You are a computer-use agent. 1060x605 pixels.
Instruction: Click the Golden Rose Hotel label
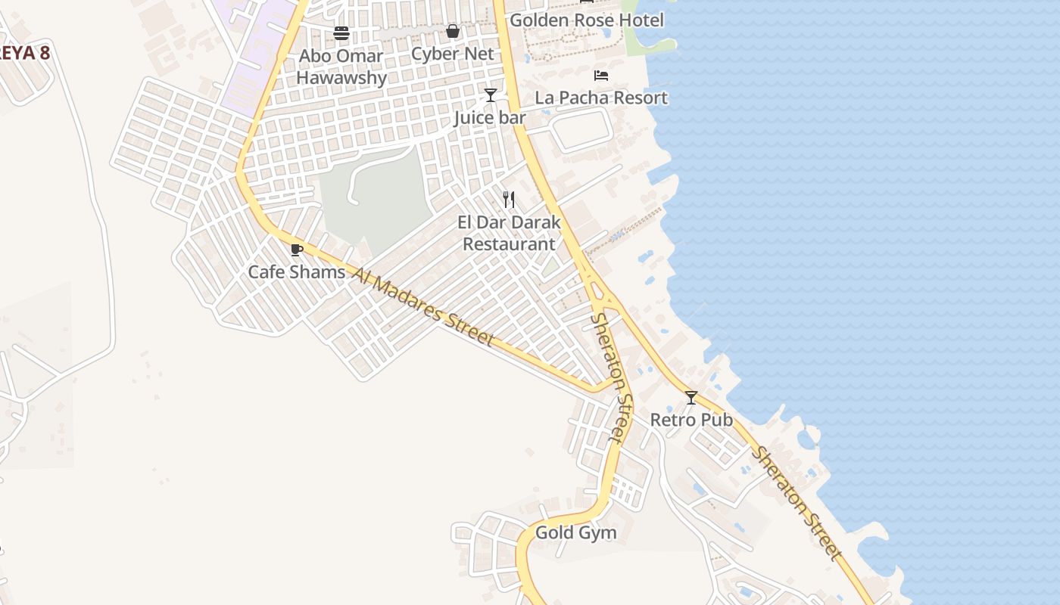(x=586, y=20)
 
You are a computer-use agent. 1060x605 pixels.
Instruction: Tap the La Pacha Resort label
(x=601, y=98)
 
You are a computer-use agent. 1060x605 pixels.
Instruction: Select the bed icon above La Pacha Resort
(x=601, y=76)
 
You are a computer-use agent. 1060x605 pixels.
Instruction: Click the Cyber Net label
(x=452, y=54)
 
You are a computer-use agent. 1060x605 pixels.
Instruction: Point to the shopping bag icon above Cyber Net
(x=453, y=31)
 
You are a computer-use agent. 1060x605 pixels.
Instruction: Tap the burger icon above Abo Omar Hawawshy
(x=341, y=33)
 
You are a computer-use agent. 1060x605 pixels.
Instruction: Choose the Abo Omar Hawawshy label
(x=341, y=67)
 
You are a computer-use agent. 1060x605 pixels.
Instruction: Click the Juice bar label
(x=490, y=118)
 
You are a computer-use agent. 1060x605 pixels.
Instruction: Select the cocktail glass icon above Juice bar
(x=491, y=95)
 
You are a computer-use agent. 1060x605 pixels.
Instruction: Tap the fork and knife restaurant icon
(x=509, y=200)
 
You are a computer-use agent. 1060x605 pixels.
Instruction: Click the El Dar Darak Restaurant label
(x=509, y=233)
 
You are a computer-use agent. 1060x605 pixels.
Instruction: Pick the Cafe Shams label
(x=296, y=272)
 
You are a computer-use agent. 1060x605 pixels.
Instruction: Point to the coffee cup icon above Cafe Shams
(x=297, y=250)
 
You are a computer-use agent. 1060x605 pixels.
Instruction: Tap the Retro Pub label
(x=691, y=420)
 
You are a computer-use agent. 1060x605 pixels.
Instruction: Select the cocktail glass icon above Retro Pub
(x=691, y=397)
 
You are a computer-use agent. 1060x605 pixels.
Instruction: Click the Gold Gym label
(x=575, y=533)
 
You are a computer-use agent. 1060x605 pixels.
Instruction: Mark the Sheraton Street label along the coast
(x=798, y=504)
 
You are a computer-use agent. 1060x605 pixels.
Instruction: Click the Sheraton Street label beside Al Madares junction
(x=610, y=377)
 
